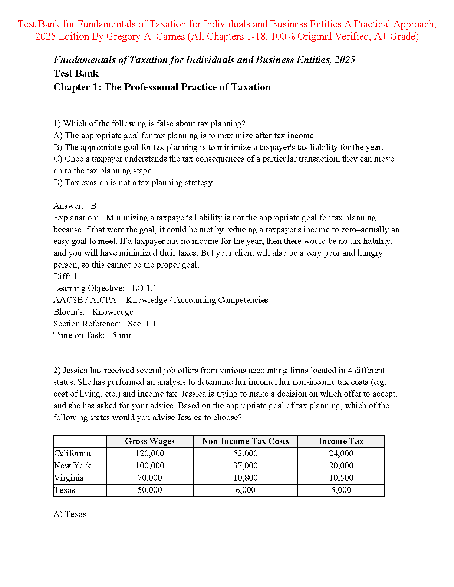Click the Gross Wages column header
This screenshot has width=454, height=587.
(x=149, y=441)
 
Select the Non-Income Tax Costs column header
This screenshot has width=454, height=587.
(x=245, y=441)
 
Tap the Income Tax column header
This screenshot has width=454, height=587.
(x=341, y=441)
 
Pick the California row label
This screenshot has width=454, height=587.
(x=72, y=454)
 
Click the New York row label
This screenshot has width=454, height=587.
(x=73, y=466)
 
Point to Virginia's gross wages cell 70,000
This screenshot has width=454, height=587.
(x=149, y=478)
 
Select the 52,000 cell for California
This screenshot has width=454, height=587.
(x=245, y=454)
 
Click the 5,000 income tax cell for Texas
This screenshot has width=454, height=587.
(x=341, y=490)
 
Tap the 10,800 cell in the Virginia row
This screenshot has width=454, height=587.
(x=245, y=478)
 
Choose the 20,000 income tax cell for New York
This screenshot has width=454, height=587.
(x=341, y=466)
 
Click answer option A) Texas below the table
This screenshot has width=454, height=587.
(x=70, y=514)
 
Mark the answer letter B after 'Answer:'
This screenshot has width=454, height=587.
(x=93, y=206)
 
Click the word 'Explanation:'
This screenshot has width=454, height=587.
(x=76, y=218)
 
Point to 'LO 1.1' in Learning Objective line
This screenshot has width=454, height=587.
(x=144, y=288)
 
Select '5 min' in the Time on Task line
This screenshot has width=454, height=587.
(x=122, y=335)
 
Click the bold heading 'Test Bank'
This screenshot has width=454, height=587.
(x=76, y=73)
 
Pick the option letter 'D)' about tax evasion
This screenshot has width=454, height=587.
(x=58, y=183)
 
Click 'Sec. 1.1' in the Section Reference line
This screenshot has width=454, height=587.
(x=142, y=324)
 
